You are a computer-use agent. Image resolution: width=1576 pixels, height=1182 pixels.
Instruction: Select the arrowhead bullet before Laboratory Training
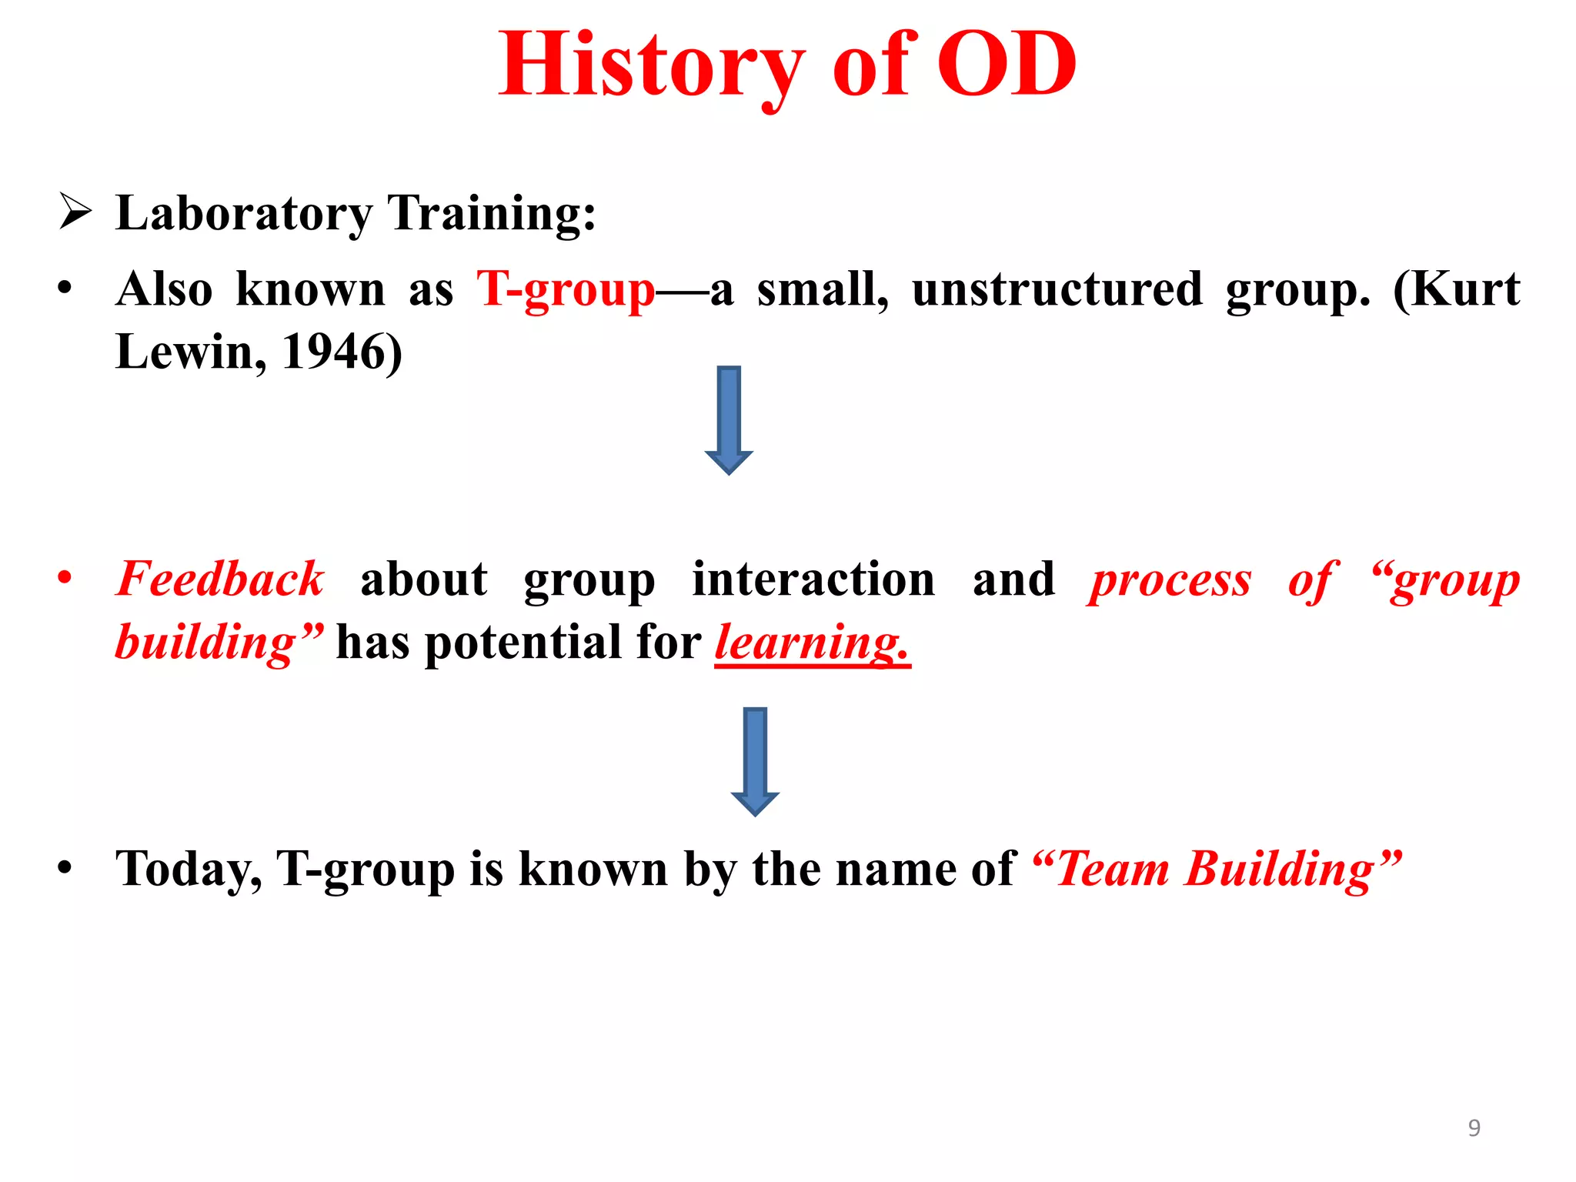tap(75, 212)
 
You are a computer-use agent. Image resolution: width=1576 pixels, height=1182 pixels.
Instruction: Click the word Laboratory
tap(243, 213)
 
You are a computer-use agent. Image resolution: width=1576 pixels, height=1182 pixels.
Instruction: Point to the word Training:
tap(492, 213)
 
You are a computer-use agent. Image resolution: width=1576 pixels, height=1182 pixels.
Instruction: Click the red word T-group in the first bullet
tap(566, 290)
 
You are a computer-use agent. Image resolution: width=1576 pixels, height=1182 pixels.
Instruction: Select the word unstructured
tap(1057, 290)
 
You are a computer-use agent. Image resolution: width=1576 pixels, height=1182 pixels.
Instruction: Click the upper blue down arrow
tap(728, 419)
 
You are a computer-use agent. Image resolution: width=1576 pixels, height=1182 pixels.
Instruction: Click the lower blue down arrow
tap(754, 760)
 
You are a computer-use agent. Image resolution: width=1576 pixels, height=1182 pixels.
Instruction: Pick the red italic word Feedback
tap(220, 579)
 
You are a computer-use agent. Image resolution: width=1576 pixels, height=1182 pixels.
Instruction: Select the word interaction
tap(813, 579)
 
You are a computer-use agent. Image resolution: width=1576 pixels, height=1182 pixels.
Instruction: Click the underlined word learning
tap(811, 643)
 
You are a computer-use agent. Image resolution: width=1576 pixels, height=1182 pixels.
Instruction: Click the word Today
tap(189, 870)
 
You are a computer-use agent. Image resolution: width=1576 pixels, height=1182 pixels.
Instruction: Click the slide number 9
tap(1474, 1127)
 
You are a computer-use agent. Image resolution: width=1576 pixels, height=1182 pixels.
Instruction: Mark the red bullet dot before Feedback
tap(65, 577)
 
